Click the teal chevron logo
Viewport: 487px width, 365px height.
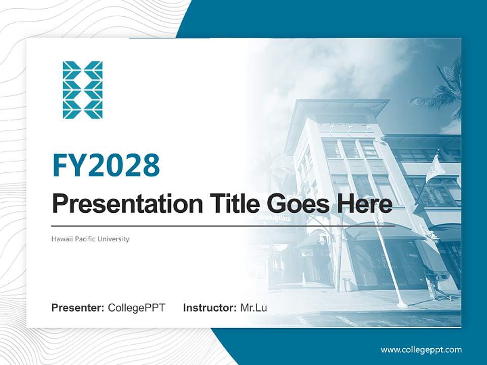pyautogui.click(x=83, y=90)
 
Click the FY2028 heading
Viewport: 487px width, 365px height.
pyautogui.click(x=106, y=165)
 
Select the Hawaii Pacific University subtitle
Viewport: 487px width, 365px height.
pyautogui.click(x=90, y=239)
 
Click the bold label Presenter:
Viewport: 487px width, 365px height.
pyautogui.click(x=78, y=308)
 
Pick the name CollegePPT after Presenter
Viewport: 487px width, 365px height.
pyautogui.click(x=136, y=308)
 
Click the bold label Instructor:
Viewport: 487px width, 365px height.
pyautogui.click(x=210, y=308)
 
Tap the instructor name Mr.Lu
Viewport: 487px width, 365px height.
pyautogui.click(x=253, y=308)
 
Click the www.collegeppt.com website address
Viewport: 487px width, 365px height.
pyautogui.click(x=421, y=349)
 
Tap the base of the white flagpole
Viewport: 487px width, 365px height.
pyautogui.click(x=402, y=304)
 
